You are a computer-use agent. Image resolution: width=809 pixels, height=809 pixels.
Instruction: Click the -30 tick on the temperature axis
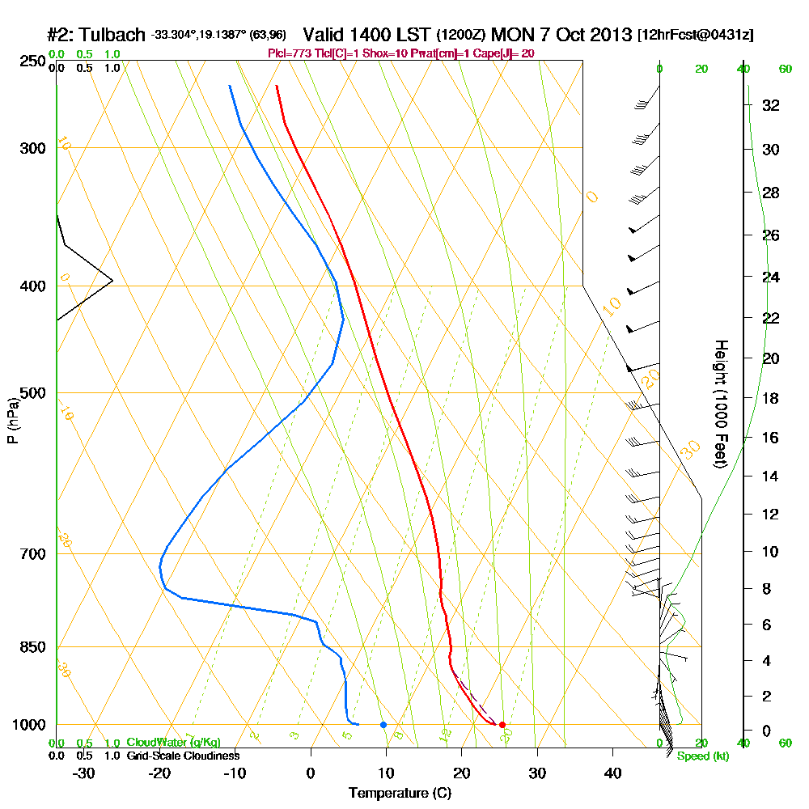[84, 773]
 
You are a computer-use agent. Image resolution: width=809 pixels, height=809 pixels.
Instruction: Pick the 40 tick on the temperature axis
[612, 773]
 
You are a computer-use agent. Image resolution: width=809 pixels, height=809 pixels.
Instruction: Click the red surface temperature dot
[502, 725]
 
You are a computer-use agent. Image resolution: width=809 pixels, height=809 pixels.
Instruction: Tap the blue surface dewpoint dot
[383, 725]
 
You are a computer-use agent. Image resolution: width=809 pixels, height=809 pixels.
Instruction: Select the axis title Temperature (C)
[400, 794]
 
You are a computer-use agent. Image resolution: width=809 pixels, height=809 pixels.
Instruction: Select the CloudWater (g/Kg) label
[173, 743]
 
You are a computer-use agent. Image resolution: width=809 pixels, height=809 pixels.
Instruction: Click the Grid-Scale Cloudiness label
[183, 756]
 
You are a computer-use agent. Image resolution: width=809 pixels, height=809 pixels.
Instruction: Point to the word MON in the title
[512, 35]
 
